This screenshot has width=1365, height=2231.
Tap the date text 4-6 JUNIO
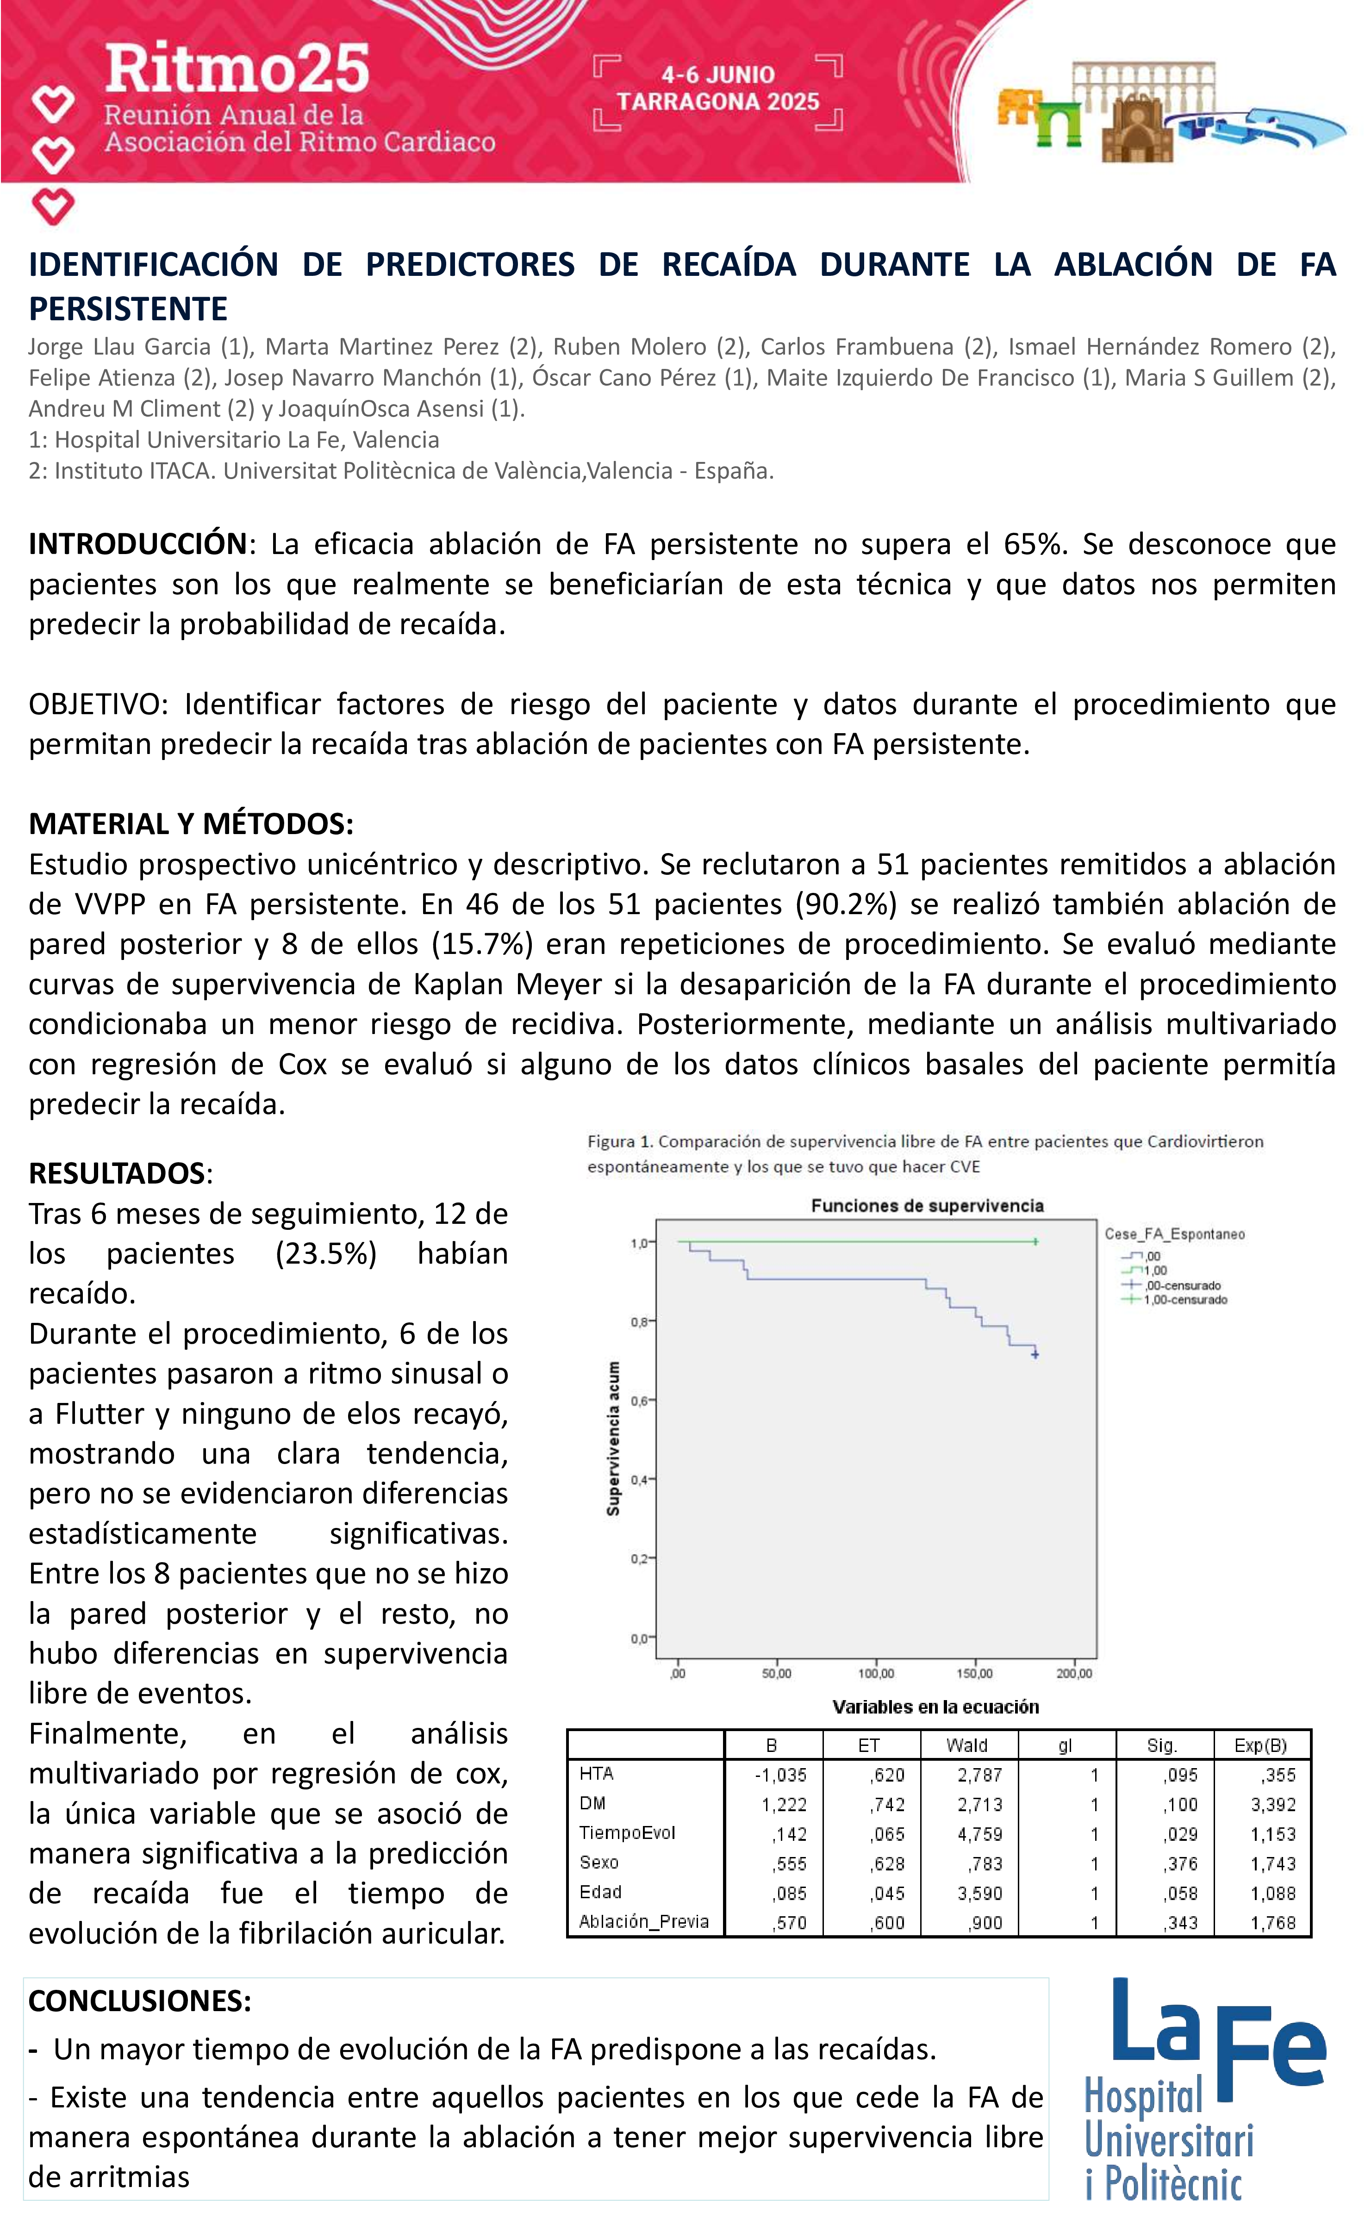pyautogui.click(x=718, y=75)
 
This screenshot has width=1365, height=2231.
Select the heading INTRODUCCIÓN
pyautogui.click(x=137, y=544)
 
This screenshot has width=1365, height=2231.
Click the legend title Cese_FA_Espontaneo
pyautogui.click(x=1174, y=1234)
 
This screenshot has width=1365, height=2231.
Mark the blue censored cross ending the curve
pyautogui.click(x=1035, y=1354)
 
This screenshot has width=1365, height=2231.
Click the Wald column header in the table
pyautogui.click(x=967, y=1745)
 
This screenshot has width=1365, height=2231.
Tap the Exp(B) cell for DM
pyautogui.click(x=1273, y=1805)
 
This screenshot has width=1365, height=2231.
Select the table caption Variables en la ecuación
pyautogui.click(x=935, y=1707)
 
